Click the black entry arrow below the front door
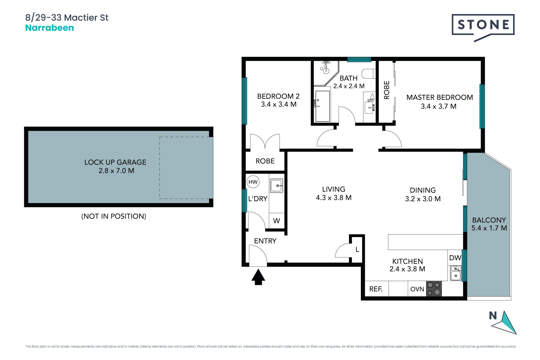(x=258, y=277)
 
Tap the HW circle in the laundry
(x=253, y=182)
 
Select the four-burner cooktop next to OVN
(x=434, y=289)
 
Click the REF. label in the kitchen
(x=376, y=289)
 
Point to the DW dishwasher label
(x=455, y=258)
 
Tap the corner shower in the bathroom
(x=326, y=73)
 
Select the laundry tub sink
(x=276, y=186)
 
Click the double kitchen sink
(x=456, y=273)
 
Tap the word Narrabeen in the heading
(x=49, y=28)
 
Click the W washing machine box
(x=276, y=221)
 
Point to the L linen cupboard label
(x=357, y=249)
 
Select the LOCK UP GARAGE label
(x=115, y=162)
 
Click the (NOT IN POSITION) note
(x=114, y=216)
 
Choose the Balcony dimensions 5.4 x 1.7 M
(x=489, y=228)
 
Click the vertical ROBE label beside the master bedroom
(x=387, y=90)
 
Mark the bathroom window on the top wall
(x=359, y=59)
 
